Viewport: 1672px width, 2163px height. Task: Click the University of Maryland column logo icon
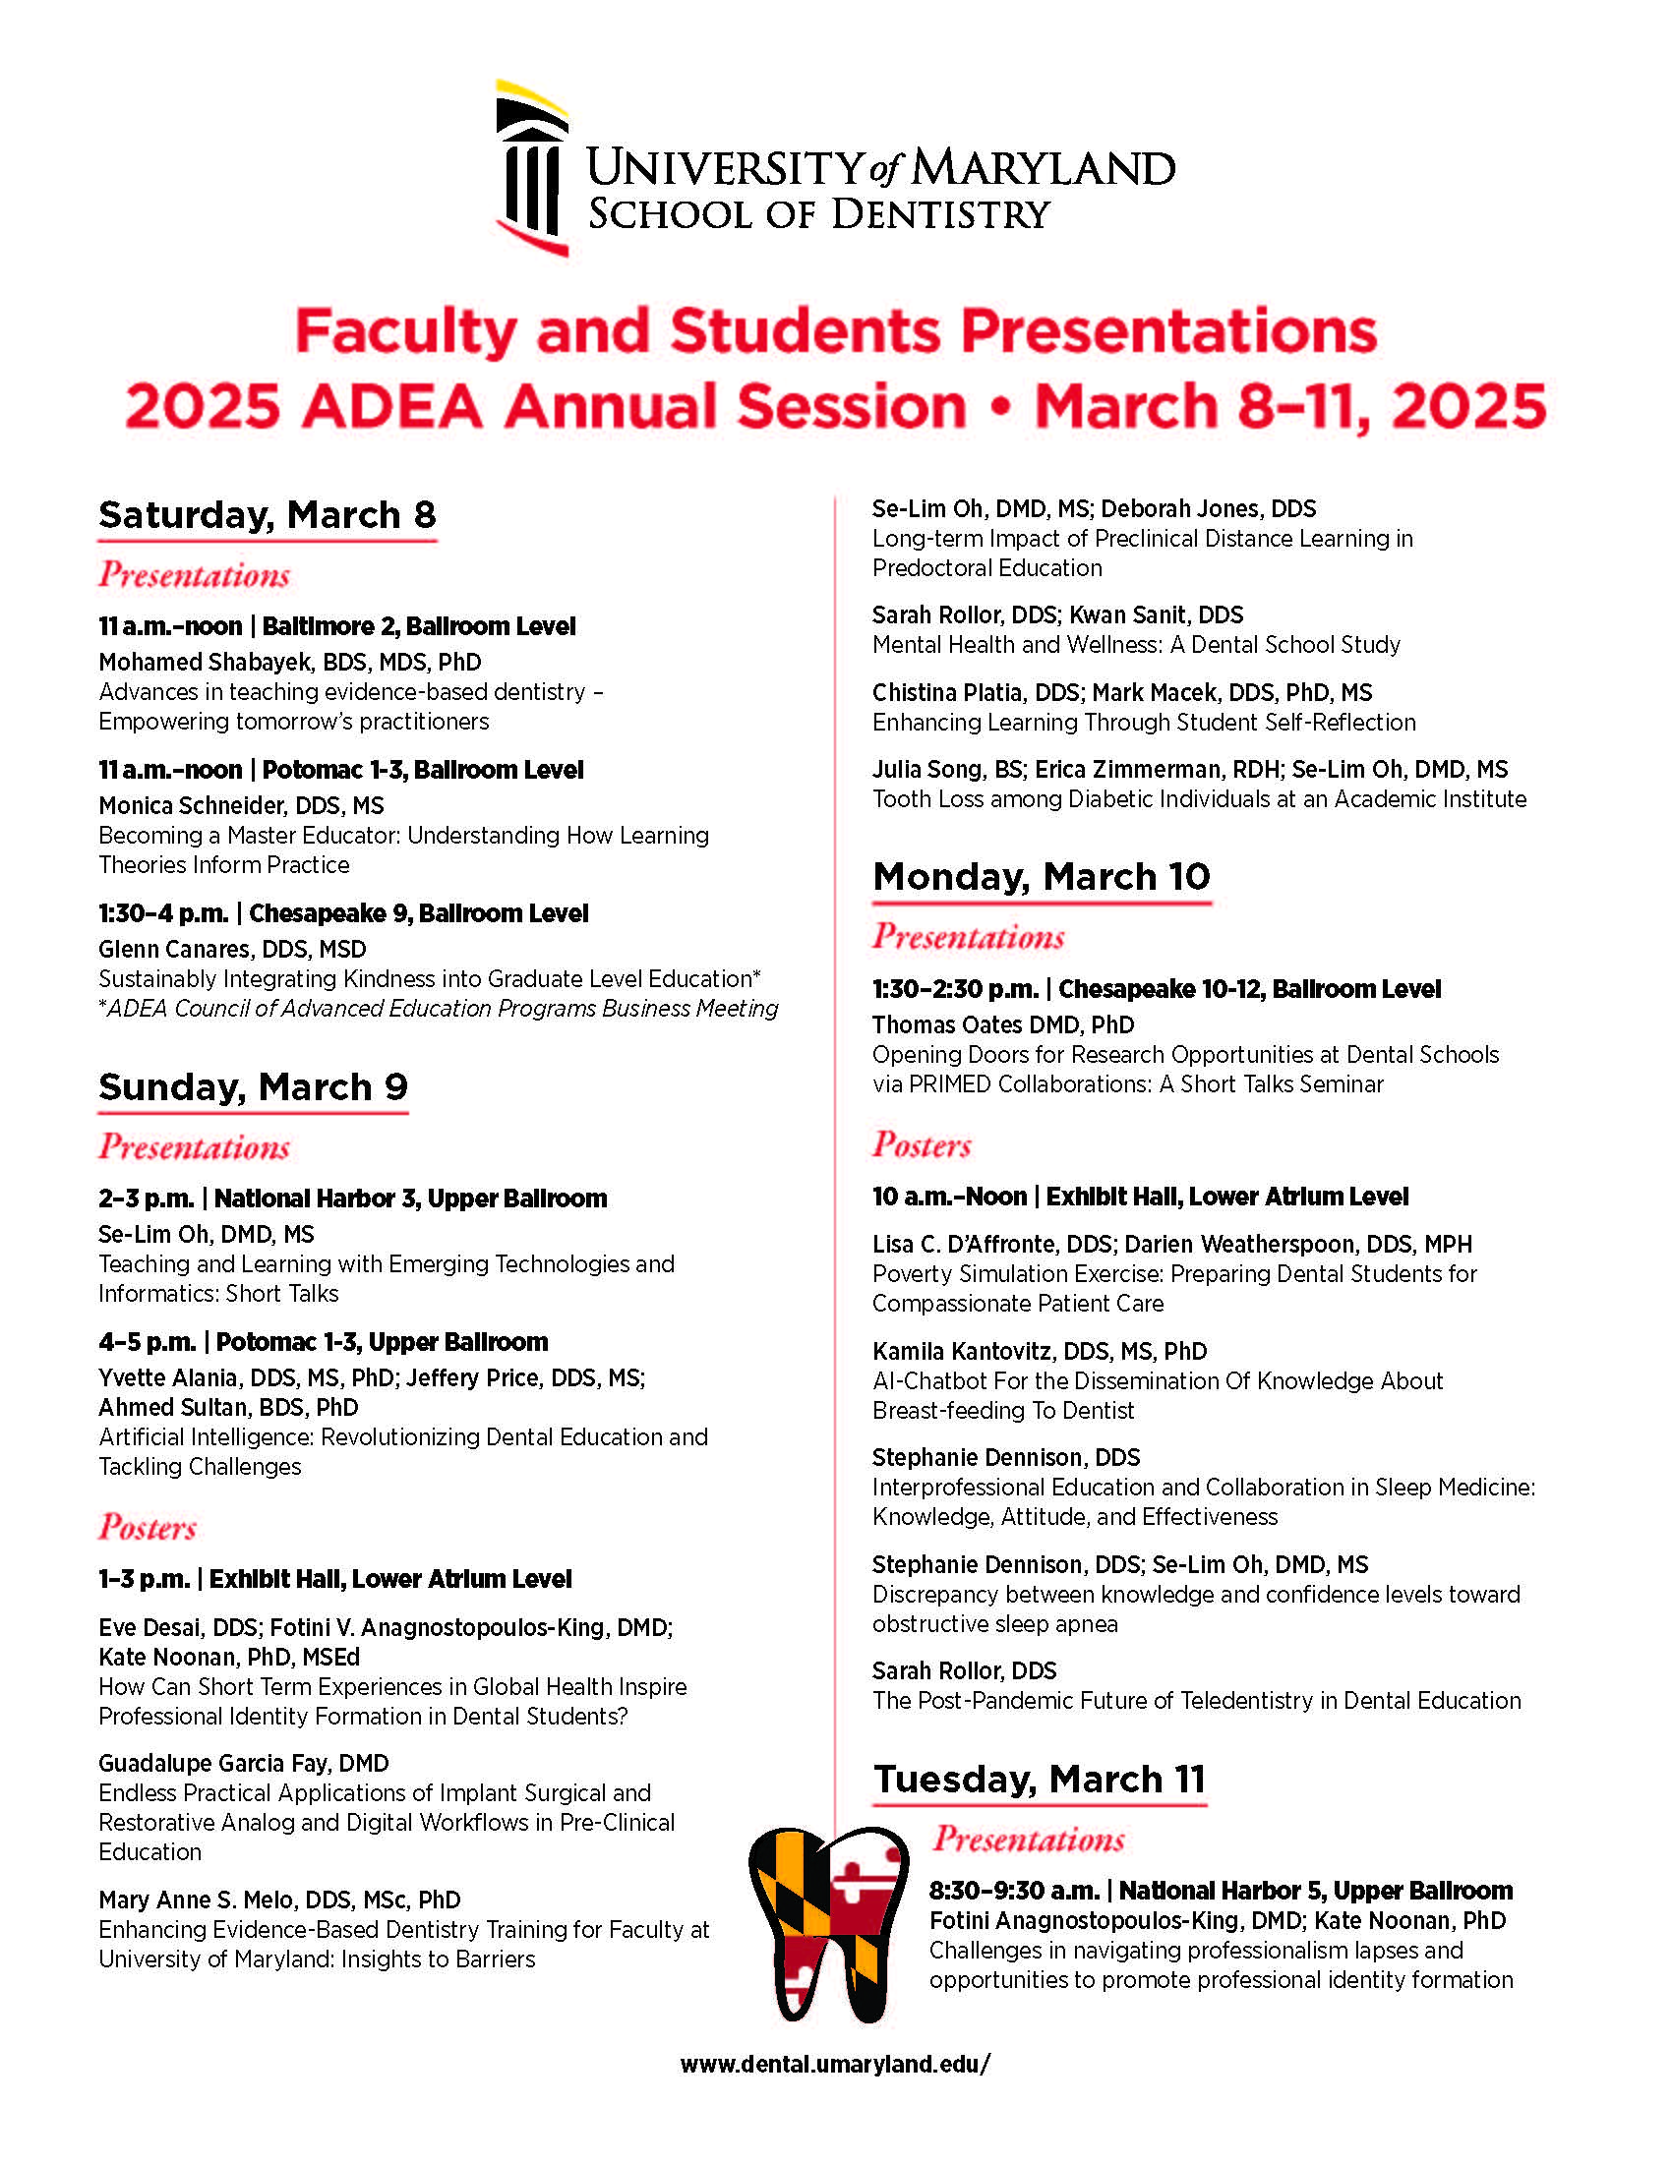click(532, 168)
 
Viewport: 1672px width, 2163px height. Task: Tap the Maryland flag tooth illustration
click(828, 1922)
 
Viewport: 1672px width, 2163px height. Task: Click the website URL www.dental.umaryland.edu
click(835, 2064)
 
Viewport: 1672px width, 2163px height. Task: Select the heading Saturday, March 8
click(267, 515)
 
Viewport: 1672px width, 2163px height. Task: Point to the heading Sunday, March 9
click(253, 1087)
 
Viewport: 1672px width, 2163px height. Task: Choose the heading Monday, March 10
click(1041, 876)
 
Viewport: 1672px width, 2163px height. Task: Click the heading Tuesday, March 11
click(1039, 1779)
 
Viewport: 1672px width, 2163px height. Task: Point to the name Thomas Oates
click(951, 1024)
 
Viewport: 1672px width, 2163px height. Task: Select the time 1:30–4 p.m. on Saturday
click(162, 913)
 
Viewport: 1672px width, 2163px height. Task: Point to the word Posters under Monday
click(922, 1144)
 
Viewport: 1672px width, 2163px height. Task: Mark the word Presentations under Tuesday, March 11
click(1028, 1840)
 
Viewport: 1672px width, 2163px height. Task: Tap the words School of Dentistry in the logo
click(818, 214)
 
